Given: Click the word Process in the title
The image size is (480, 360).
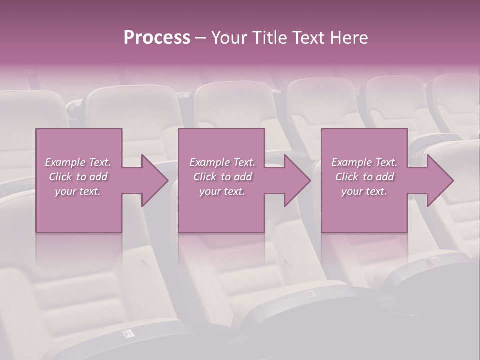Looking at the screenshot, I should click(x=157, y=38).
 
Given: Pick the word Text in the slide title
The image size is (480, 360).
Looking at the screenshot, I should click(x=309, y=38).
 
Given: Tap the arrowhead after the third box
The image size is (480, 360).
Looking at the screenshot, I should click(x=439, y=180).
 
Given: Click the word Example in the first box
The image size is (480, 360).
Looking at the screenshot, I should click(x=65, y=162).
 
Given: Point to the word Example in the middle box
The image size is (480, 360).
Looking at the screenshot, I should click(x=209, y=162).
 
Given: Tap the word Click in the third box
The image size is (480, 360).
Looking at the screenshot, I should click(x=347, y=177).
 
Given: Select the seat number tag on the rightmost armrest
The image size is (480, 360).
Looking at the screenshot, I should click(x=433, y=259).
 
